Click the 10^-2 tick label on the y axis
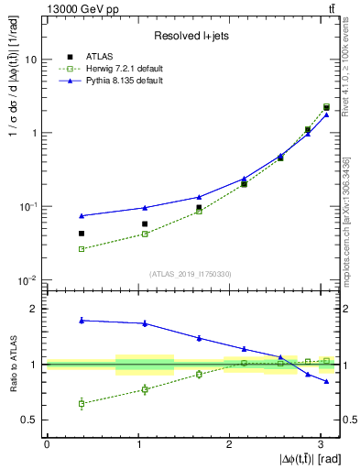tap(30, 280)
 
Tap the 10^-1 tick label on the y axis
tap(30, 206)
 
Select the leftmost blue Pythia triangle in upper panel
tap(82, 216)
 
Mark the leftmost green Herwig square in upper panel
tap(82, 249)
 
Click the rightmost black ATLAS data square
tap(326, 107)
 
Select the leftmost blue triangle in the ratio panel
tap(82, 321)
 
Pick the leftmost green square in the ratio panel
tap(82, 403)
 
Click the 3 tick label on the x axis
tap(321, 443)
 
